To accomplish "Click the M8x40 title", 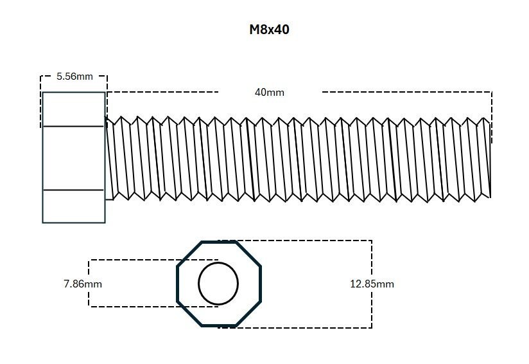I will point(269,30).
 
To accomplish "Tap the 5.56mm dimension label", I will point(74,76).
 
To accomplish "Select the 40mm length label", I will point(270,92).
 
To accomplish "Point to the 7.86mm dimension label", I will point(83,284).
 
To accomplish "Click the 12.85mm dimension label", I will point(372,284).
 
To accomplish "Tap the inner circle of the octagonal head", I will point(218,283).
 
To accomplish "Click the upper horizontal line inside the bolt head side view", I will point(73,126).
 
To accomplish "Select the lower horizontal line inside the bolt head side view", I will point(73,190).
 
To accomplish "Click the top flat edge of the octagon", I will point(218,242).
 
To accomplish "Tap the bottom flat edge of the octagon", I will point(218,325).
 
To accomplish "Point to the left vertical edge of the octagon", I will point(178,284).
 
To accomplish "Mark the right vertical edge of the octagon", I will point(261,284).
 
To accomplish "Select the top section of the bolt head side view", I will point(73,109).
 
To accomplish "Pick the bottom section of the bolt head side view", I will point(73,206).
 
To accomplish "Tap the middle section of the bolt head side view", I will point(73,158).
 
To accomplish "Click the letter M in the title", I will point(254,30).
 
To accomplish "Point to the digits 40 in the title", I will point(281,30).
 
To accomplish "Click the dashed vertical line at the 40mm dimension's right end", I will point(492,116).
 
